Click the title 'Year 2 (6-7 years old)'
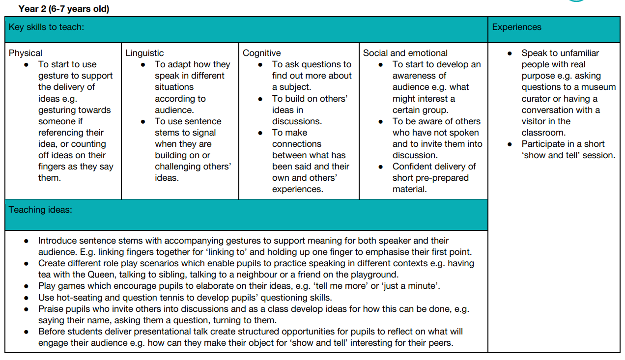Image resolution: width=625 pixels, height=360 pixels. [64, 9]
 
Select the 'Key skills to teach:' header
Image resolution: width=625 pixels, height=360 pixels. [46, 27]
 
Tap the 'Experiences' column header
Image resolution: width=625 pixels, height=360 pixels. [516, 27]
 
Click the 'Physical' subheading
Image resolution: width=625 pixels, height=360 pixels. [26, 53]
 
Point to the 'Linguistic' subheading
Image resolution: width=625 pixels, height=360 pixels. [144, 53]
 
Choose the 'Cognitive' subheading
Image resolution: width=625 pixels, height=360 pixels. [262, 53]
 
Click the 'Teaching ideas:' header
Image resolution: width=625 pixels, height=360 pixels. [40, 210]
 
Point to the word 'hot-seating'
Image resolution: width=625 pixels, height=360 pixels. [79, 297]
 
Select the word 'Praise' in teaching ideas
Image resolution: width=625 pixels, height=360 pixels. [52, 309]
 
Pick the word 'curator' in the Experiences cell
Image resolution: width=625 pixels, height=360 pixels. [536, 99]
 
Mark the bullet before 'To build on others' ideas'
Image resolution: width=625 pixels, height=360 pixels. [261, 99]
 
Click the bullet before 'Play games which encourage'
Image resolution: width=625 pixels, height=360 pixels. [26, 286]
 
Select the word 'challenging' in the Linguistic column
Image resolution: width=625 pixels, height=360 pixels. [179, 166]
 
